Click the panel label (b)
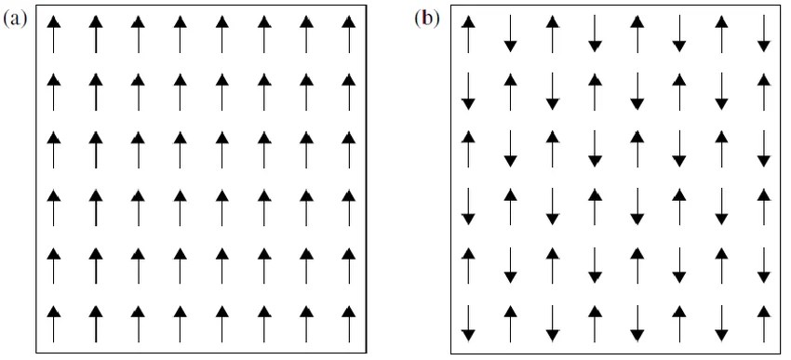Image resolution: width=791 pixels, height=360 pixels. point(426,20)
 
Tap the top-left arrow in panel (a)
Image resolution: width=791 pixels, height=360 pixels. point(53,34)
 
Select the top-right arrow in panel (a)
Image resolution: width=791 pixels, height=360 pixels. point(349,34)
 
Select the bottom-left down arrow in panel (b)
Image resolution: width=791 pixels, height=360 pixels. point(468,322)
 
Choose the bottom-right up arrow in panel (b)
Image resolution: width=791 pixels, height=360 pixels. point(764,322)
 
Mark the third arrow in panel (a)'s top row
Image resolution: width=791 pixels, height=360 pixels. point(137,34)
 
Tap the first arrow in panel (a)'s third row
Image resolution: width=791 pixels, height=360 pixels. point(53,150)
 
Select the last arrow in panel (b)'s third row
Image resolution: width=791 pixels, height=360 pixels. point(764,149)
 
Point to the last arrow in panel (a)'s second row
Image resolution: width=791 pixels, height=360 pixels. point(349,92)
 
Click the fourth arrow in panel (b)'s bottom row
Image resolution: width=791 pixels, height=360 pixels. point(595,322)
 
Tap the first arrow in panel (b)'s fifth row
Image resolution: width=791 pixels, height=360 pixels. point(468,264)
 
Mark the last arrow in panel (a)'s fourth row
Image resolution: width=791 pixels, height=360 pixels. point(349,207)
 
